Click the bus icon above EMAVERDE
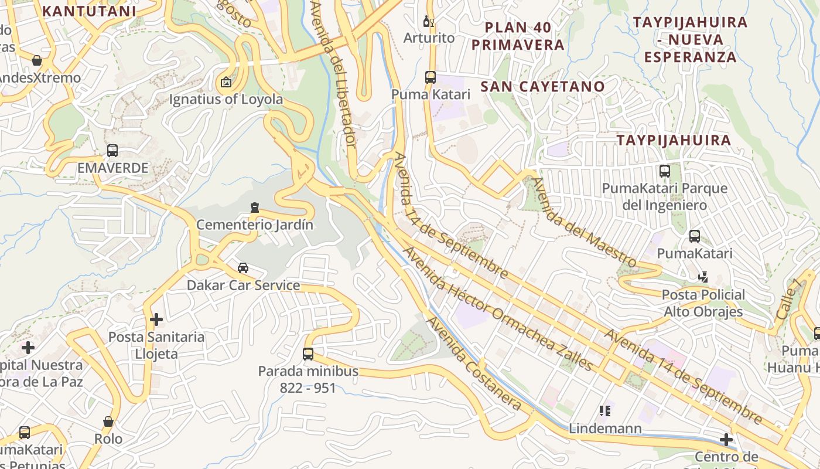[x=112, y=151]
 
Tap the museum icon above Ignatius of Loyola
[x=226, y=82]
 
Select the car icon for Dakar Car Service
[x=242, y=268]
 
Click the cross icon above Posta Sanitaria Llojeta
[x=156, y=320]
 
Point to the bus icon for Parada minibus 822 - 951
[x=308, y=354]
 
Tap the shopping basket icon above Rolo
[x=108, y=422]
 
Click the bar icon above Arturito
[x=429, y=22]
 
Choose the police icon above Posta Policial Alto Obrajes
[x=703, y=277]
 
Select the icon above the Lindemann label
[x=605, y=411]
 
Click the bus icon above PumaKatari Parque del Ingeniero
[x=665, y=171]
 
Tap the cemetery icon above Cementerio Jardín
[x=254, y=208]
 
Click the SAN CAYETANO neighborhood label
[x=542, y=87]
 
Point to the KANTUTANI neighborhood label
[x=89, y=11]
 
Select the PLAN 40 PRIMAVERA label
[x=518, y=36]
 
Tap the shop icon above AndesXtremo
[x=37, y=60]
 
